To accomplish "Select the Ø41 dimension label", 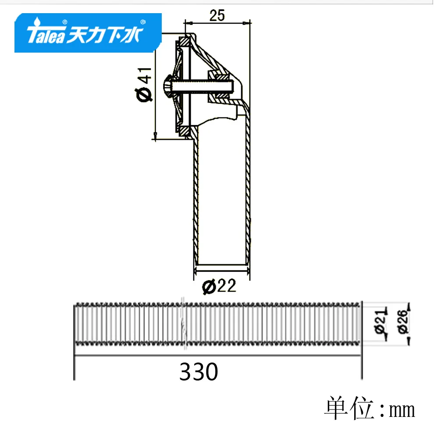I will tap(145, 83).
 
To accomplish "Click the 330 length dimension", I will tap(198, 372).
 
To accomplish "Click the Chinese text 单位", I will tap(349, 408).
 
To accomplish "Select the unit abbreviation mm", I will tap(402, 410).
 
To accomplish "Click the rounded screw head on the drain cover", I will tap(167, 86).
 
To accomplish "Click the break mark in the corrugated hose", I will tap(183, 324).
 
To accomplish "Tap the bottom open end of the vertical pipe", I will tap(222, 264).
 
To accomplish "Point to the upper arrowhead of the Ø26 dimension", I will tap(408, 306).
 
